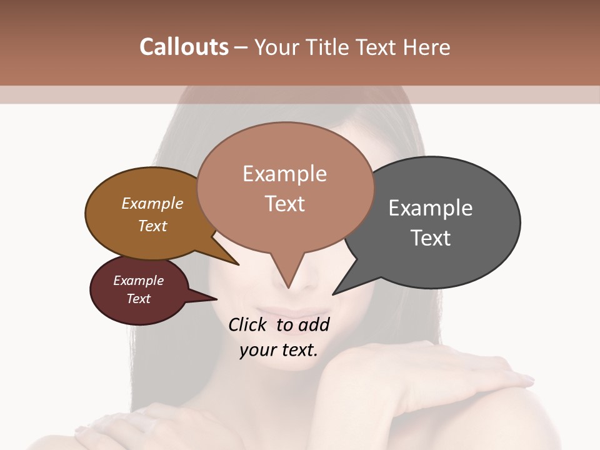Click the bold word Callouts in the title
pyautogui.click(x=184, y=47)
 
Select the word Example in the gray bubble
pyautogui.click(x=431, y=208)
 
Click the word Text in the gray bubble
pyautogui.click(x=431, y=238)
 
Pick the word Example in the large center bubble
pyautogui.click(x=284, y=174)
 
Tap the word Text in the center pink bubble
pyautogui.click(x=284, y=204)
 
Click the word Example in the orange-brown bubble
pyautogui.click(x=152, y=203)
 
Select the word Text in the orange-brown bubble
pyautogui.click(x=152, y=226)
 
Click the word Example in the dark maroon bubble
pyautogui.click(x=139, y=281)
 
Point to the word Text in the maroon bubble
pyautogui.click(x=139, y=299)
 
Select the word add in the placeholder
pyautogui.click(x=314, y=324)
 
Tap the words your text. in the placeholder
pyautogui.click(x=279, y=350)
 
